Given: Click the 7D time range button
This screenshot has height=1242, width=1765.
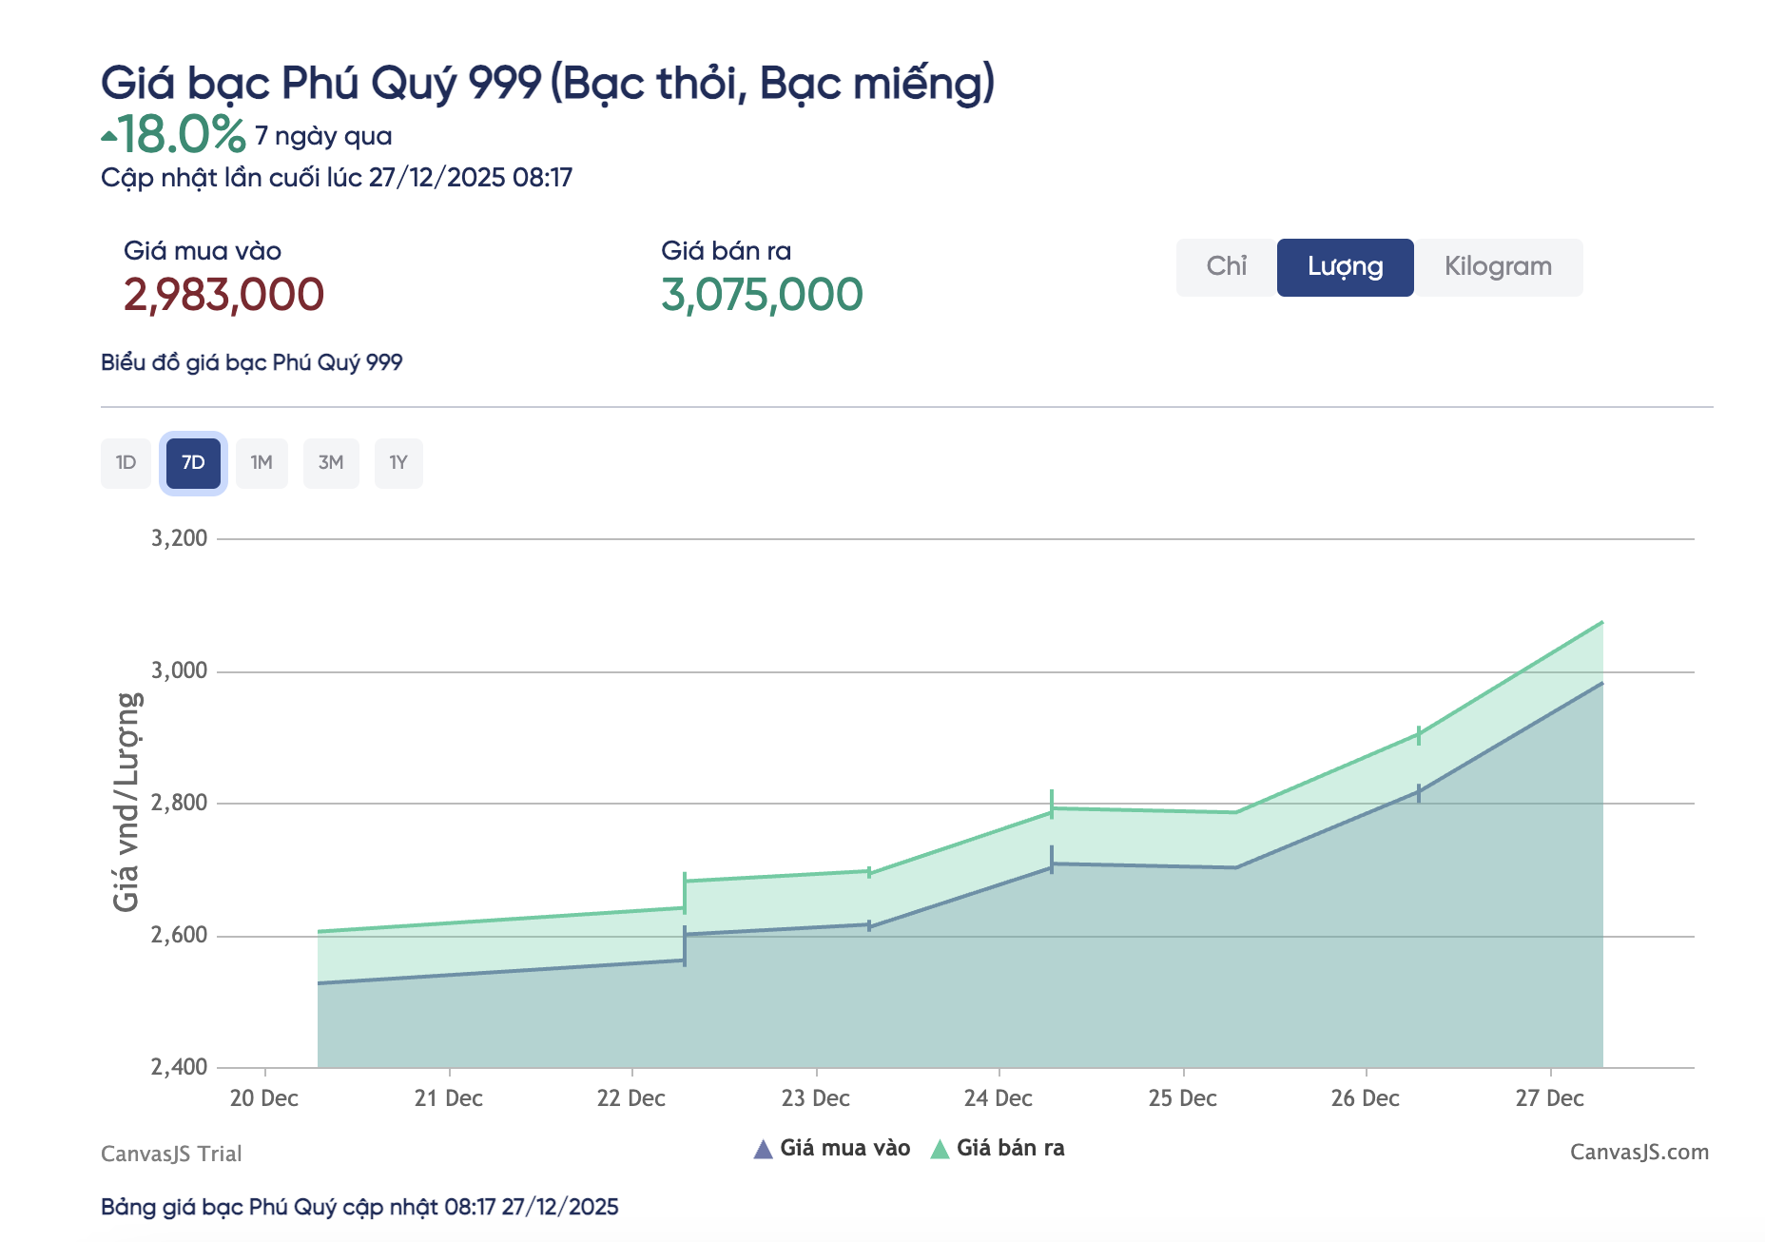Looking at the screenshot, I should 193,463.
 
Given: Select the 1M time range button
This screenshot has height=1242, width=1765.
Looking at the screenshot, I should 262,463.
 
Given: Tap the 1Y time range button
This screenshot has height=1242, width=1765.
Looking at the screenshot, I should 398,463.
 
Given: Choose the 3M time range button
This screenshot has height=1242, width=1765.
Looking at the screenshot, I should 331,463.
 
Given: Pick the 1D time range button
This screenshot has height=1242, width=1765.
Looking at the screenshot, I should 126,463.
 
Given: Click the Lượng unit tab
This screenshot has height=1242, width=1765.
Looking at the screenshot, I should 1345,267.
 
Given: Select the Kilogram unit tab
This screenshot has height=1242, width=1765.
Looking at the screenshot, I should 1498,267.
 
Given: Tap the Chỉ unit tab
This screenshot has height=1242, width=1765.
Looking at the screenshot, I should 1226,267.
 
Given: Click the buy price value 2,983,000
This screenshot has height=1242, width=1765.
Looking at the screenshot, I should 223,295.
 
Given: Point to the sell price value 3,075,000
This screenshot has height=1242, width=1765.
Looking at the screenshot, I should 762,295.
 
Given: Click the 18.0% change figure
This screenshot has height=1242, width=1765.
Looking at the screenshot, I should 181,134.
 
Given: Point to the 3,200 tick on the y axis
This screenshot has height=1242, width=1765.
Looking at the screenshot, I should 180,538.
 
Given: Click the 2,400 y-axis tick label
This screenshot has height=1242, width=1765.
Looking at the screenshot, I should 180,1067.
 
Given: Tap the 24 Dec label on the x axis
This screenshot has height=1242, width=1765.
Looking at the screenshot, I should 998,1098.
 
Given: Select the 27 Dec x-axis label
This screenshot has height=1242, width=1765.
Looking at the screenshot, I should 1549,1098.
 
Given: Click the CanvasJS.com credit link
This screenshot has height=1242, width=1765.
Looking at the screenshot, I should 1639,1153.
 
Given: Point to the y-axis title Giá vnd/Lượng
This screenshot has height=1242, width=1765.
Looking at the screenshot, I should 127,802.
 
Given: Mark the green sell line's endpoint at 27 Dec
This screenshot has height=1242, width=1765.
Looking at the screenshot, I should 1602,622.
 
